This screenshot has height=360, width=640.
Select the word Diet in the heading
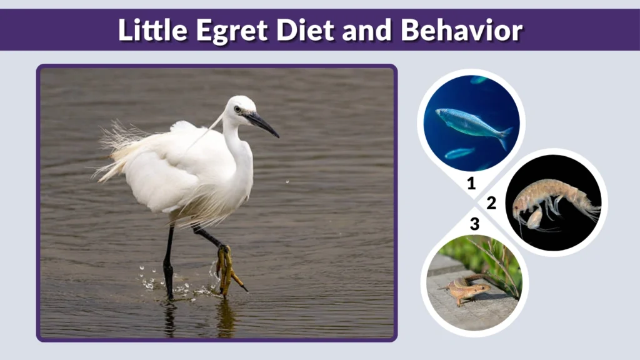pyautogui.click(x=289, y=30)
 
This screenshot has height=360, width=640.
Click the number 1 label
pyautogui.click(x=471, y=184)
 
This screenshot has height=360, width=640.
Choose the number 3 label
pyautogui.click(x=474, y=223)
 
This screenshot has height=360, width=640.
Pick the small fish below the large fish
pyautogui.click(x=459, y=153)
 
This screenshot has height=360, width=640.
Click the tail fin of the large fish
pyautogui.click(x=504, y=137)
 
